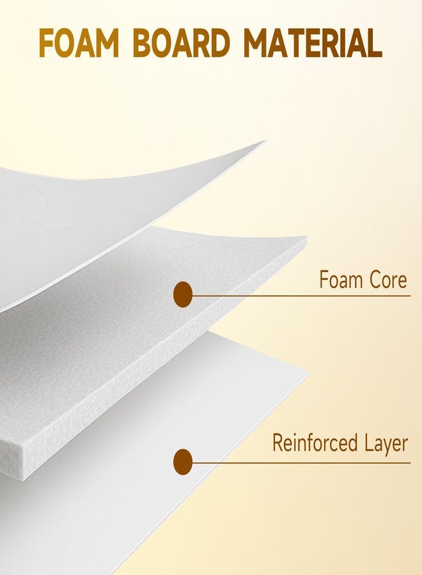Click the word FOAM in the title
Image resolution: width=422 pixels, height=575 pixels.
tap(79, 43)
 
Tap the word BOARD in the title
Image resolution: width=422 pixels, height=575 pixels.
tap(182, 43)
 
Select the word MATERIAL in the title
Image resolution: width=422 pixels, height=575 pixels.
tap(313, 43)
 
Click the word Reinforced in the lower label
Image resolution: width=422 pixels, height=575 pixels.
tap(315, 443)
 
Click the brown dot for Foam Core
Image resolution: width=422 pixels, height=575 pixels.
tap(183, 295)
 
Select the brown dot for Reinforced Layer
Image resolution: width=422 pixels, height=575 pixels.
tap(183, 462)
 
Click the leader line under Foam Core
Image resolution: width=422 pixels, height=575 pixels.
tap(301, 295)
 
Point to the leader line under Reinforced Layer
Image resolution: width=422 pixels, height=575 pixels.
tap(301, 463)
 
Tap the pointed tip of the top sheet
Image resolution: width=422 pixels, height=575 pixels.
tap(266, 140)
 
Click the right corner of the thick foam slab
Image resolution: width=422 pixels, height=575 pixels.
tap(306, 238)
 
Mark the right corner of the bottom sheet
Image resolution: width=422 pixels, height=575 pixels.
tap(309, 372)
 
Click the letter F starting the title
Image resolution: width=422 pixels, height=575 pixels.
tap(47, 43)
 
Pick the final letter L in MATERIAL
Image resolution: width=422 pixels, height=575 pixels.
tap(375, 43)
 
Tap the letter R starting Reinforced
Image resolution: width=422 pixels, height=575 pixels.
tap(277, 443)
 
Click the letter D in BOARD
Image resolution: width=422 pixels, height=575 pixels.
tap(219, 43)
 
